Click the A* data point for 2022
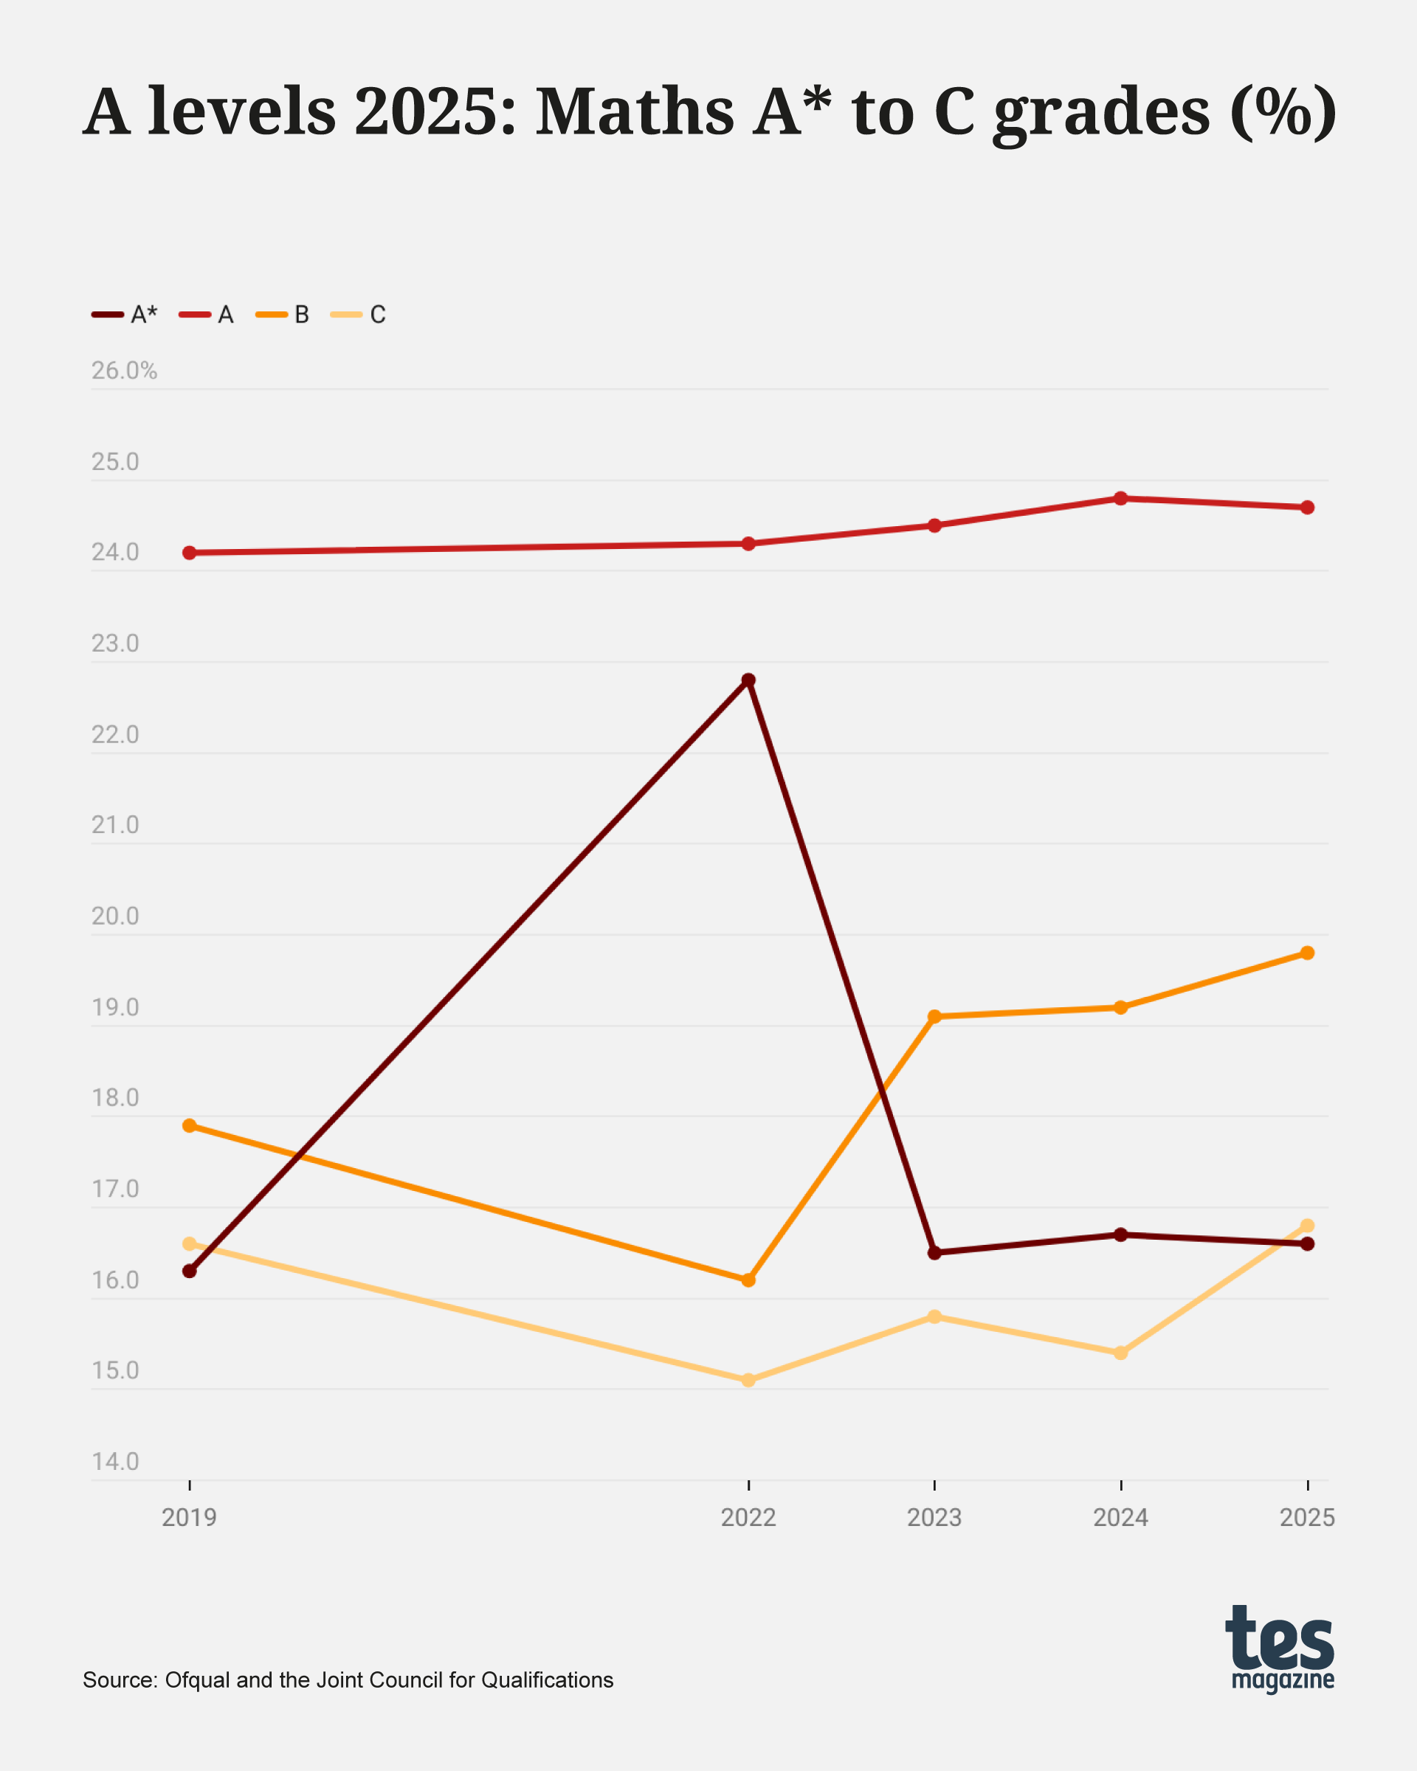pos(748,680)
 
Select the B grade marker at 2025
pos(1308,953)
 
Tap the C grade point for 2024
pos(1121,1353)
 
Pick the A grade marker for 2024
pos(1121,499)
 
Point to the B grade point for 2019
pos(190,1125)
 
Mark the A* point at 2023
pos(935,1253)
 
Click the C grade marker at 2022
pos(748,1380)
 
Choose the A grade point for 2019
pos(190,553)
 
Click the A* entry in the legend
pos(125,314)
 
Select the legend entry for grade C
pos(359,314)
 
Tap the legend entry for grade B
pos(283,314)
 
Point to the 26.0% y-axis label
pos(124,371)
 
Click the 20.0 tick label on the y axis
pos(115,916)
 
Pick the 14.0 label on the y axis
pos(115,1461)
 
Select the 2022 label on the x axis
pos(748,1518)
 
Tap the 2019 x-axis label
pos(190,1518)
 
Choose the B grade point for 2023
pos(935,1017)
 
